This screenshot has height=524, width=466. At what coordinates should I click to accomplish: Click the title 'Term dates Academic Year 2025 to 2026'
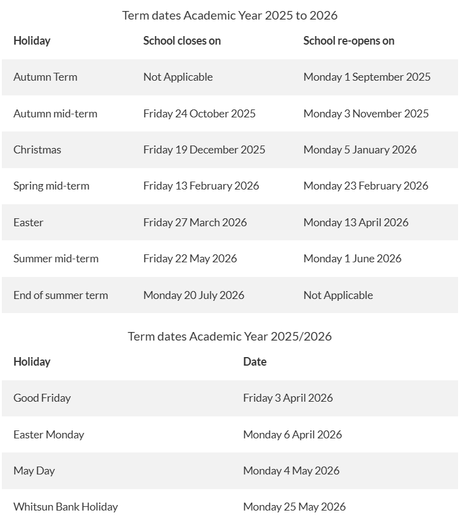click(230, 15)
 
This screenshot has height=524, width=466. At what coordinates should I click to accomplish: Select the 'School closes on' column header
click(182, 41)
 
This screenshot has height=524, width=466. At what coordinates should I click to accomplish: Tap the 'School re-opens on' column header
click(348, 41)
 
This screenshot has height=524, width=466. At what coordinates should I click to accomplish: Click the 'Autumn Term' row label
click(45, 77)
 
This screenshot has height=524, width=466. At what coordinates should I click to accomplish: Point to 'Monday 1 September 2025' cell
click(367, 77)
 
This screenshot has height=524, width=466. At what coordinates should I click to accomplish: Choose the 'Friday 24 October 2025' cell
click(199, 114)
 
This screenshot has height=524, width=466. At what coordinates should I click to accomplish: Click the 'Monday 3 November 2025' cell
click(366, 114)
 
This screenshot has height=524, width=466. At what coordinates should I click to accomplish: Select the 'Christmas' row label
click(37, 150)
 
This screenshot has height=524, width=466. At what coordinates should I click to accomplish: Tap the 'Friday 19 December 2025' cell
click(204, 150)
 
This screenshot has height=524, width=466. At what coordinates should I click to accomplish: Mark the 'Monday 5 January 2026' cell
click(359, 150)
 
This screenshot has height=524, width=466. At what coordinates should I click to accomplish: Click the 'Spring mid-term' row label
click(51, 186)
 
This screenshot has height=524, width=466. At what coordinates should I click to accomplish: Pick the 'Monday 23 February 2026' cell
click(366, 186)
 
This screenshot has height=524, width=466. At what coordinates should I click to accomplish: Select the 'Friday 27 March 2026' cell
click(195, 223)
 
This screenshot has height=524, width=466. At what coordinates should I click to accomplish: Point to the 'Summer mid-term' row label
click(56, 259)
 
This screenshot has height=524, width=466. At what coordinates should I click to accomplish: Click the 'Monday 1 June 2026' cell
click(352, 259)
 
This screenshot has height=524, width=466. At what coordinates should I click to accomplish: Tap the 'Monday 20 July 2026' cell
click(194, 295)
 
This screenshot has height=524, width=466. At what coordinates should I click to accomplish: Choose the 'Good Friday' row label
click(42, 398)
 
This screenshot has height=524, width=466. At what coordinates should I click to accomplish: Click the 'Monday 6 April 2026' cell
click(292, 435)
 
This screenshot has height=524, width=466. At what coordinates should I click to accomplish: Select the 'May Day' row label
click(34, 471)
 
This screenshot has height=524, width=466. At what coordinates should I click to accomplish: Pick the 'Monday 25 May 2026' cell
click(294, 507)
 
